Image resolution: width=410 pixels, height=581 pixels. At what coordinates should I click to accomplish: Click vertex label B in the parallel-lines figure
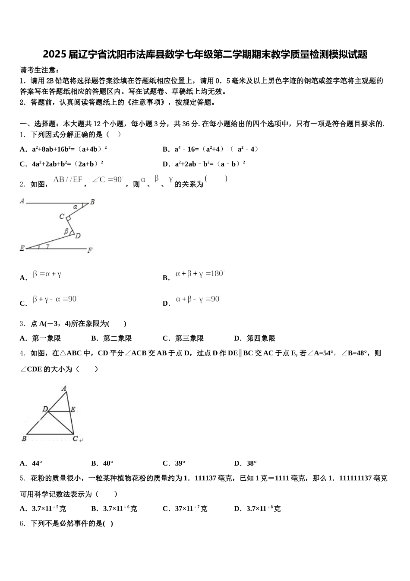[92, 201]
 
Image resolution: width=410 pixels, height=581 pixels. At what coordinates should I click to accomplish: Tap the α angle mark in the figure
[75, 207]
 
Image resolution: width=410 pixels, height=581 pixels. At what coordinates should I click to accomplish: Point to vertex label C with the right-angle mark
[62, 216]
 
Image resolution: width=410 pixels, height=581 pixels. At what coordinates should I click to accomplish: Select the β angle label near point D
[66, 231]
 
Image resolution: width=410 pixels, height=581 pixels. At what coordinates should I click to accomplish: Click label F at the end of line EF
[90, 250]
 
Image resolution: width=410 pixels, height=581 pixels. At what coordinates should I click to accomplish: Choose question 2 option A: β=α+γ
[47, 274]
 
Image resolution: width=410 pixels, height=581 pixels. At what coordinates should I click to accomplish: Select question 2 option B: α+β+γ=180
[199, 274]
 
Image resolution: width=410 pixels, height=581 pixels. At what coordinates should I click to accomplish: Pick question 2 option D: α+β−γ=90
[198, 299]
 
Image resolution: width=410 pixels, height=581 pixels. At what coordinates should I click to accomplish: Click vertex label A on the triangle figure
[64, 388]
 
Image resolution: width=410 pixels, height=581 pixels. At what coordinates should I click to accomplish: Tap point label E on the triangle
[73, 409]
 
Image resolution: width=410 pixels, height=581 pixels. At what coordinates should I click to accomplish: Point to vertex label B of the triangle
[24, 439]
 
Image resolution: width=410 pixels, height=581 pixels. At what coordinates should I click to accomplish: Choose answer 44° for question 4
[37, 463]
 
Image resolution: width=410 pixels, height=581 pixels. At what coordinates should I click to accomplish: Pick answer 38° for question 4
[252, 463]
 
